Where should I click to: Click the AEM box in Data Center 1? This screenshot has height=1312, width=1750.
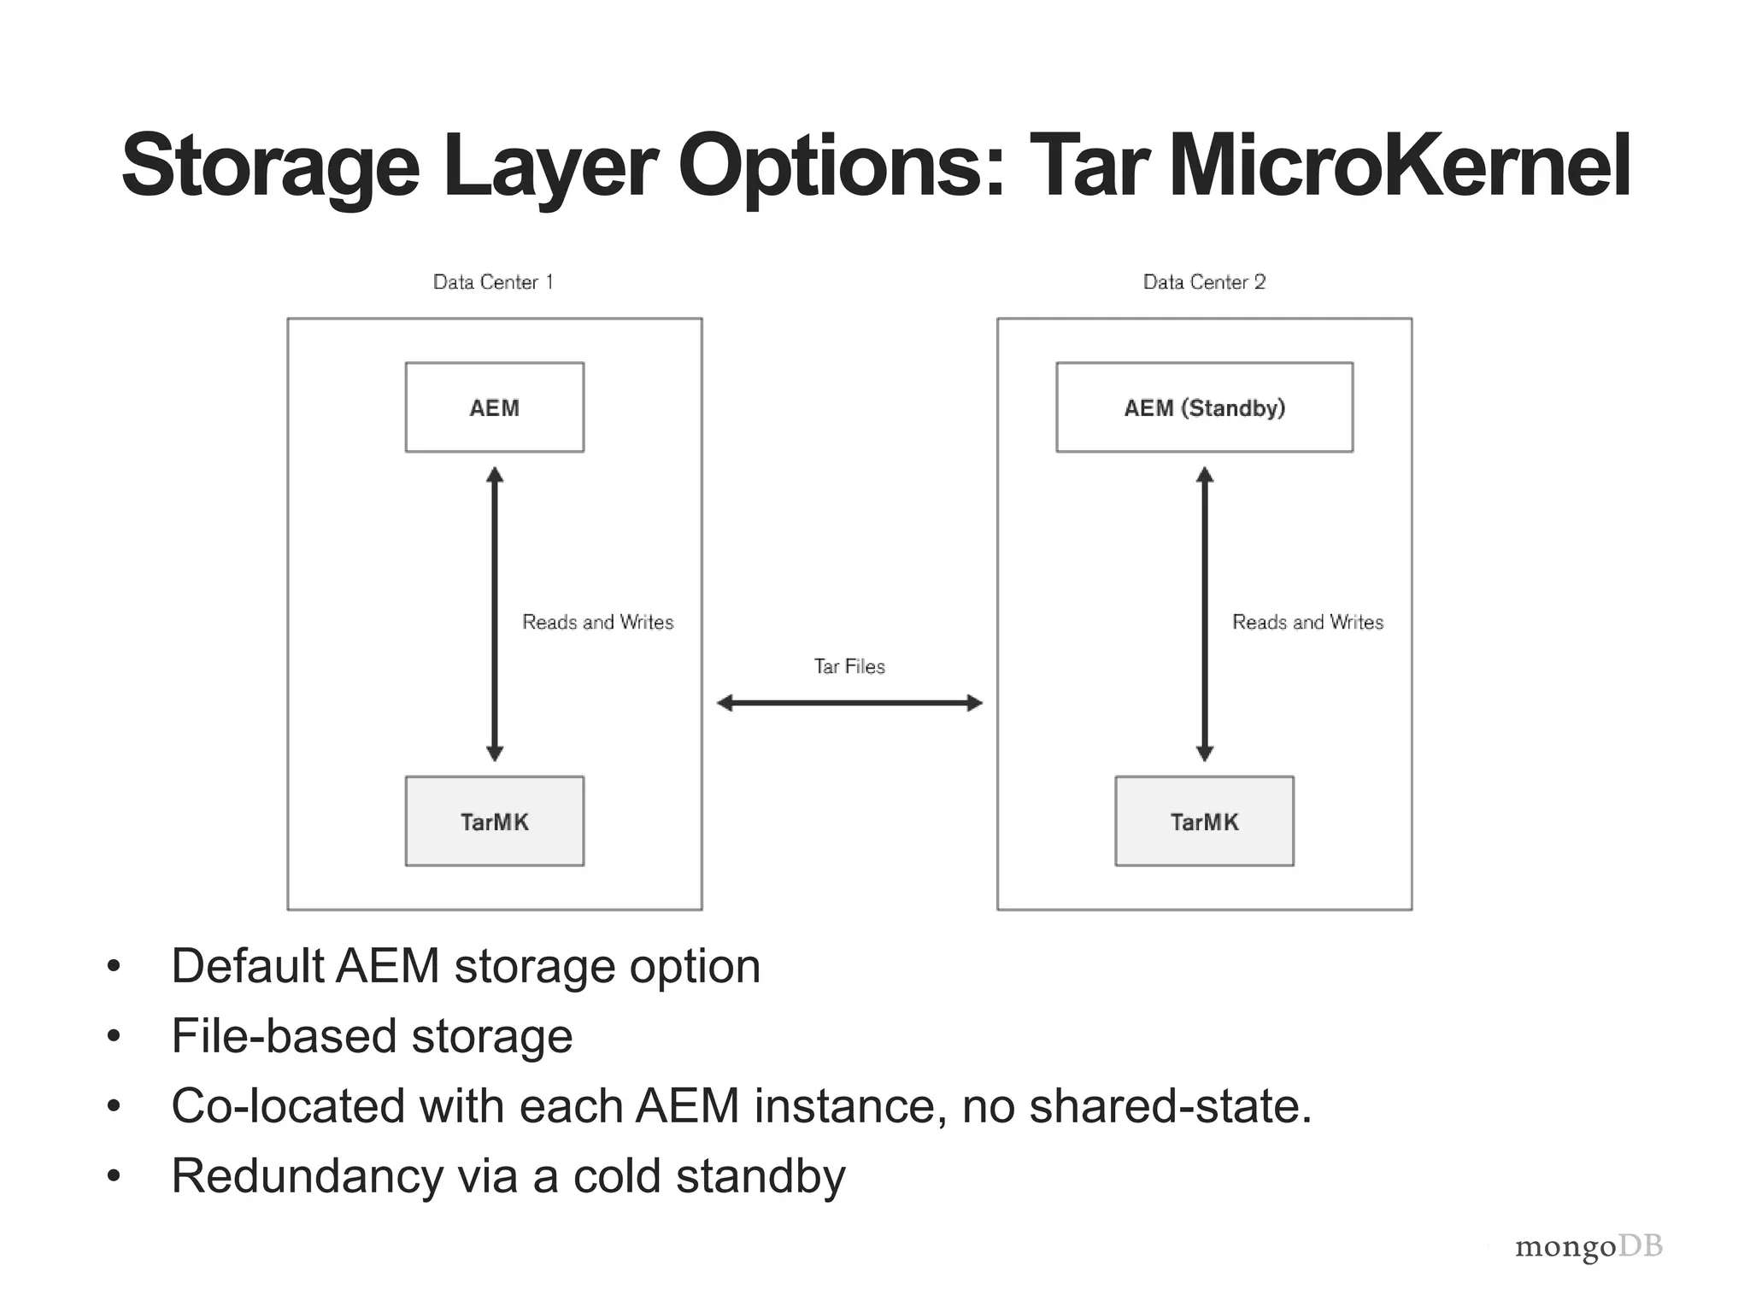point(494,407)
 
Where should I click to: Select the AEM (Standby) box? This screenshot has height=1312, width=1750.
point(1204,407)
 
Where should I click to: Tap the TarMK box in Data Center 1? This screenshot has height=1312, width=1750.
point(494,821)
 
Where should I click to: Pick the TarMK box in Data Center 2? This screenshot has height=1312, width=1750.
point(1204,821)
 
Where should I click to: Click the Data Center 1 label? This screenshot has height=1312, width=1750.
point(493,282)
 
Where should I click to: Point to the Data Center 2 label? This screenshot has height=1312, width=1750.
point(1204,282)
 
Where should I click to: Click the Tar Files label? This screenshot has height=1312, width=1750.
point(849,666)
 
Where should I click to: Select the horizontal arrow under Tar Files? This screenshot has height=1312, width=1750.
point(849,703)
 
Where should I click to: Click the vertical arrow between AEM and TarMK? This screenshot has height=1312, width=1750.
point(495,613)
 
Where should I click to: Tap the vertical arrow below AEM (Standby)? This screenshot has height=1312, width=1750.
point(1205,613)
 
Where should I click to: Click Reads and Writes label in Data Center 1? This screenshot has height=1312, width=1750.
point(598,622)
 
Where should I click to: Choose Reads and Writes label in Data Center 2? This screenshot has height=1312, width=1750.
point(1307,622)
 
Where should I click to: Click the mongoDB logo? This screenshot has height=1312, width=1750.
point(1589,1247)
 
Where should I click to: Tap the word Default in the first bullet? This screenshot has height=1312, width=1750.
point(247,966)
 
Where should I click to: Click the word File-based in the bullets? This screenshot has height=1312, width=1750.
point(283,1036)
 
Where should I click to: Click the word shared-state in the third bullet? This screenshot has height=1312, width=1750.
point(1169,1106)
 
